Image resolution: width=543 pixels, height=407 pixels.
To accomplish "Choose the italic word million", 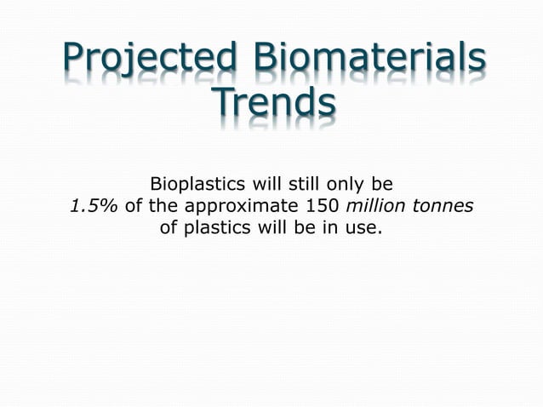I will coord(380,206).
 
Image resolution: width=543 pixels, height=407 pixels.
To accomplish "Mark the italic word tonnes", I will coord(445,206).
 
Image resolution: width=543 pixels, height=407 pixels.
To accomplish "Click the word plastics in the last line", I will coord(220,228).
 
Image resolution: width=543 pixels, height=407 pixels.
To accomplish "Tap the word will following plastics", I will coord(274,228).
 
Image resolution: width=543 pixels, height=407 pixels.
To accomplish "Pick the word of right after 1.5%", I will coord(134,206).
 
